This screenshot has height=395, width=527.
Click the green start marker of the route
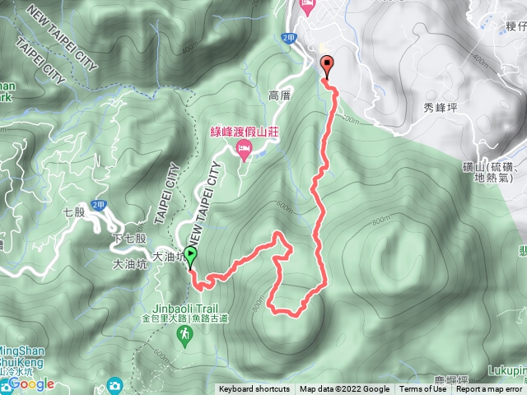[191, 255]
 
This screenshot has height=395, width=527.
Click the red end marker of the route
[326, 65]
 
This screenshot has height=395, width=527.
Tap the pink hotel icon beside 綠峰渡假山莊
[244, 149]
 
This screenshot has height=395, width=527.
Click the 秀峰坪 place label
[440, 107]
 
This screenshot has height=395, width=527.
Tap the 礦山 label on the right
[494, 167]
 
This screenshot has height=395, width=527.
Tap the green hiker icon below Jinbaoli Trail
[188, 332]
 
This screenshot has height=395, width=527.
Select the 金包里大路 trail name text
[165, 318]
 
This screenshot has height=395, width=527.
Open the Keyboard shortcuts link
[254, 389]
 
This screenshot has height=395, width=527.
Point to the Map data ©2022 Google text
[345, 389]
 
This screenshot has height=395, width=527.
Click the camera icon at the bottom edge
[114, 385]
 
